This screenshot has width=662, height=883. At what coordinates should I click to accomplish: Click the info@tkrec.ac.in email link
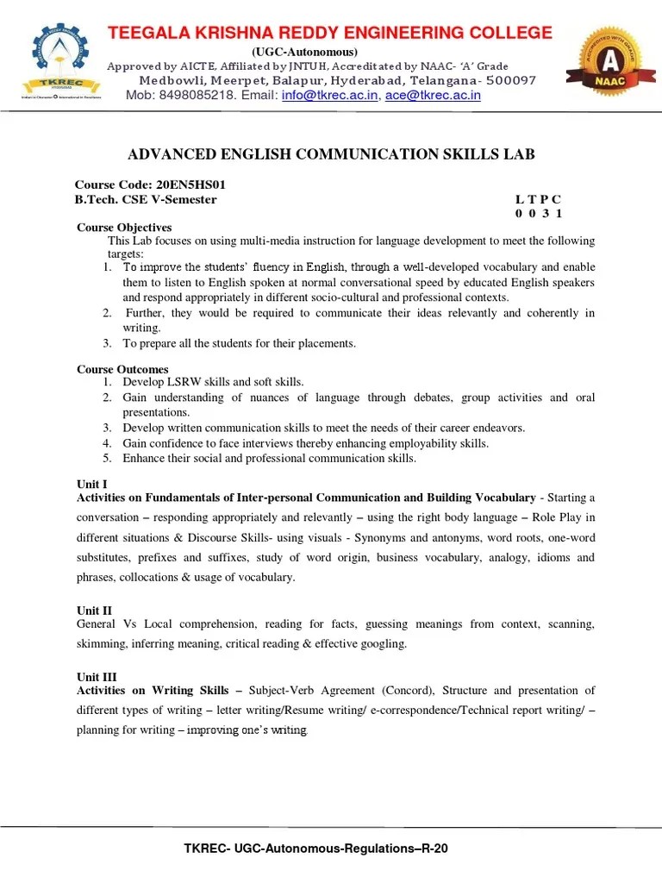click(x=329, y=96)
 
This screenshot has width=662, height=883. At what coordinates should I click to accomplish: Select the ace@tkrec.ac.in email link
click(x=433, y=96)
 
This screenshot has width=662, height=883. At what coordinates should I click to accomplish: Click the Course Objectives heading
click(x=124, y=227)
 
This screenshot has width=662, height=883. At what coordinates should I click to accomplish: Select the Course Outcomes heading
click(x=122, y=369)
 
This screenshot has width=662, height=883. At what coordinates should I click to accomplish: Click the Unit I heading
click(x=92, y=485)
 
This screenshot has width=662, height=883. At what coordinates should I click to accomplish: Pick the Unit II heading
click(x=94, y=611)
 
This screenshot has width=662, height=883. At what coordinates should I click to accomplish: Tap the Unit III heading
click(x=97, y=678)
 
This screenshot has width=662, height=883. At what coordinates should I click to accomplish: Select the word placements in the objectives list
click(x=328, y=343)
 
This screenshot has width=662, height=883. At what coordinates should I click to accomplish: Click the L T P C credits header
click(x=538, y=199)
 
